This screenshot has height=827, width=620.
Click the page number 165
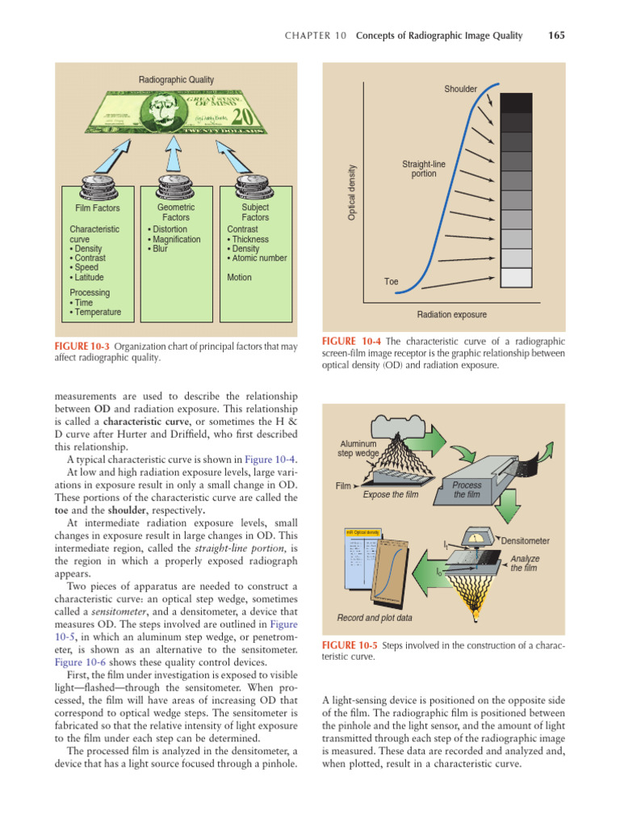(555, 36)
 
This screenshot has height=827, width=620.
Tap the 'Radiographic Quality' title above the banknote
(176, 80)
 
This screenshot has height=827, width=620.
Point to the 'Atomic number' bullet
(258, 258)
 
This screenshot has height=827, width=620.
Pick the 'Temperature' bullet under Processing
(97, 312)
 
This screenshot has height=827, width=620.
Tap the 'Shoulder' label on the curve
(460, 89)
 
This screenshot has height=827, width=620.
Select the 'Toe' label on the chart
(391, 282)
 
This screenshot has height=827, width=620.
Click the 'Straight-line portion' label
(423, 169)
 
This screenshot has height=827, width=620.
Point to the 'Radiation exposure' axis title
(451, 315)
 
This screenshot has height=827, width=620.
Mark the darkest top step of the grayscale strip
(517, 103)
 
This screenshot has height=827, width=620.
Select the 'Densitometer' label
(526, 539)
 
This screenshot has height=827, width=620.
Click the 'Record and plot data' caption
(375, 618)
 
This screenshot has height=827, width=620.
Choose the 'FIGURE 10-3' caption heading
(82, 346)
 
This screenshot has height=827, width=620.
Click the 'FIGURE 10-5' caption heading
(350, 645)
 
